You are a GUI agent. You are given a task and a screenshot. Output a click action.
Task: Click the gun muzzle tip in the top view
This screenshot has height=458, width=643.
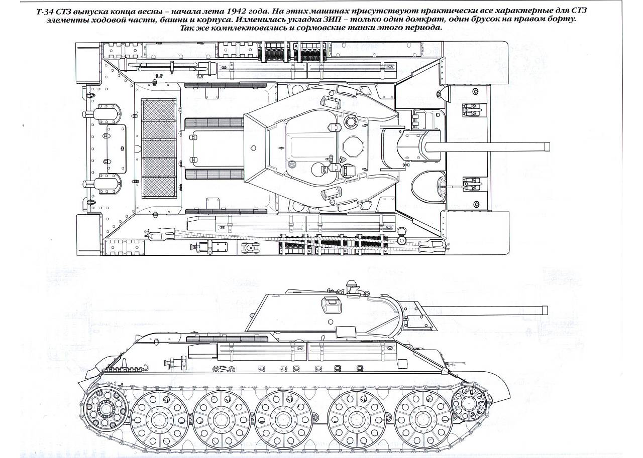(x=547, y=146)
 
